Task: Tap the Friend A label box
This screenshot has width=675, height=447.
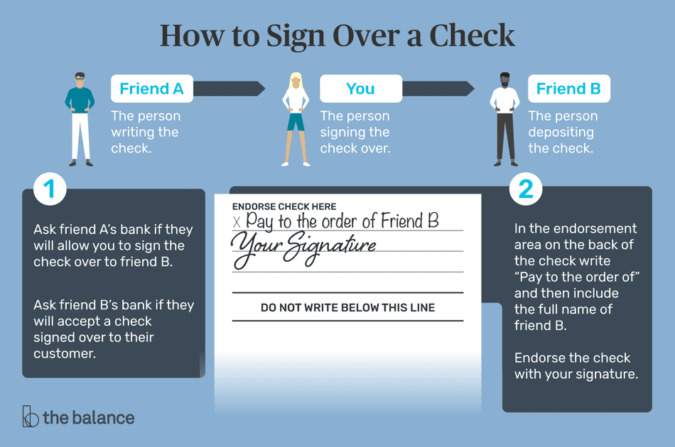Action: pyautogui.click(x=151, y=89)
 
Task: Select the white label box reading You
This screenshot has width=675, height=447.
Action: pyautogui.click(x=360, y=89)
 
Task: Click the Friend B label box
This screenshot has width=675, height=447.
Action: pyautogui.click(x=568, y=89)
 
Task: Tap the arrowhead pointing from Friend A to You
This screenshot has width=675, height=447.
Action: pyautogui.click(x=259, y=89)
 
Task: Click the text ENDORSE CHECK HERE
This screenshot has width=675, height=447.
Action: pyautogui.click(x=283, y=206)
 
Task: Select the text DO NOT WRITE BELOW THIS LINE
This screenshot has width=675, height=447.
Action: pyautogui.click(x=347, y=308)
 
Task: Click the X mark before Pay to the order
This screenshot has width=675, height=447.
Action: pyautogui.click(x=237, y=222)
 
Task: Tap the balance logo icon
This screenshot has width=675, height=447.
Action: pyautogui.click(x=30, y=416)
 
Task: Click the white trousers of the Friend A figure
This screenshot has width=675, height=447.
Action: pyautogui.click(x=80, y=136)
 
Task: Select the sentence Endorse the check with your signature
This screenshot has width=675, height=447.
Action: pyautogui.click(x=573, y=365)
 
